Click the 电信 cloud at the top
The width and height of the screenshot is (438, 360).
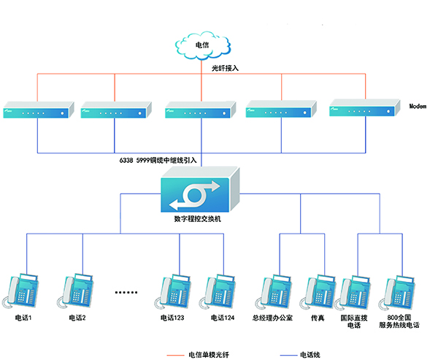(x=202, y=46)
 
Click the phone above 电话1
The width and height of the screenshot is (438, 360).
(x=25, y=293)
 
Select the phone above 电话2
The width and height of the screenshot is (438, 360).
(x=78, y=293)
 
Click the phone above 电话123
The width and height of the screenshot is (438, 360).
(x=176, y=293)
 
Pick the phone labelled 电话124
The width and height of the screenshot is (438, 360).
(x=222, y=293)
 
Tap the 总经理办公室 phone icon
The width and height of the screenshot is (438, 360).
(x=272, y=293)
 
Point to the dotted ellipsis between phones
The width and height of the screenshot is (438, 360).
(x=126, y=292)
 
